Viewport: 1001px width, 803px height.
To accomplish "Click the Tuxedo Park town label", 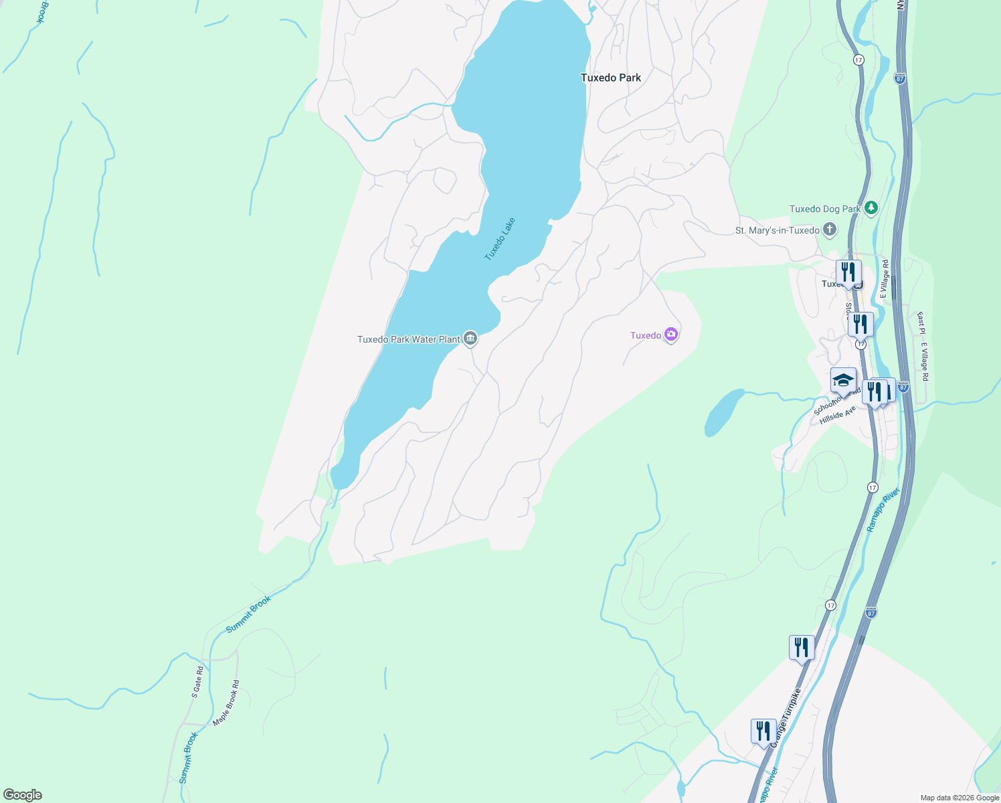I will [610, 78].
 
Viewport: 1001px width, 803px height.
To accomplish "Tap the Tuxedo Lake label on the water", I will [500, 239].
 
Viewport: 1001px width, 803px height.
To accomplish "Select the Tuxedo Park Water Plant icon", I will [470, 339].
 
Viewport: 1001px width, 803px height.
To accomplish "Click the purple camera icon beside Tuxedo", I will [671, 335].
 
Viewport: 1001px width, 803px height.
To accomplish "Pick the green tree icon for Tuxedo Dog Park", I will [871, 208].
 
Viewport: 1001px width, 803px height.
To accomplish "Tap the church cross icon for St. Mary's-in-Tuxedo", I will [830, 230].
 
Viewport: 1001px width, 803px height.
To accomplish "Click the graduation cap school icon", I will [843, 380].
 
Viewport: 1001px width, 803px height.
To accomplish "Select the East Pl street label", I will [921, 323].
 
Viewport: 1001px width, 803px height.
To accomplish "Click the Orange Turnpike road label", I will [786, 717].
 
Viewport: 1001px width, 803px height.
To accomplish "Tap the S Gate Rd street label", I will [197, 682].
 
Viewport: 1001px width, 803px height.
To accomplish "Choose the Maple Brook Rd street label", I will [226, 703].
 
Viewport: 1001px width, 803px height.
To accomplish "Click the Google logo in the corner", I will [23, 795].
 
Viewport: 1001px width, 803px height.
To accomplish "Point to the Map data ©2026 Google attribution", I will [960, 798].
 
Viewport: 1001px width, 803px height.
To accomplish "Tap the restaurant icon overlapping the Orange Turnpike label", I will [763, 731].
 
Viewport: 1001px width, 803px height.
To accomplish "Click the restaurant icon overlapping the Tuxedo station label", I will [848, 272].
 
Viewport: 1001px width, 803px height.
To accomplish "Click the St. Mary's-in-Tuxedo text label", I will [777, 231].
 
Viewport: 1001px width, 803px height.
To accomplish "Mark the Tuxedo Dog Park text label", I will [824, 209].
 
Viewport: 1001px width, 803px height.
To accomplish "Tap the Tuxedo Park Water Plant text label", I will [408, 339].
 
